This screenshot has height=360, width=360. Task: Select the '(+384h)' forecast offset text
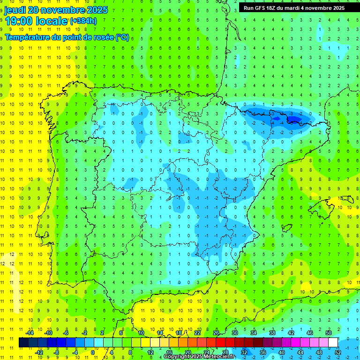coord(83,21)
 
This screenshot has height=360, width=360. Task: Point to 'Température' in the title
coord(26,37)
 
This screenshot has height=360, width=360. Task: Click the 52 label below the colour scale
coord(338,352)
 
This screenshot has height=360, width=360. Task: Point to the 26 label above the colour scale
coord(216,333)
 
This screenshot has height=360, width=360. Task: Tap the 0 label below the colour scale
coord(93,352)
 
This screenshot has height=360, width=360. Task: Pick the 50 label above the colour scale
coord(328,333)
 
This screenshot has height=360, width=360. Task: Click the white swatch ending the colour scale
coord(333,342)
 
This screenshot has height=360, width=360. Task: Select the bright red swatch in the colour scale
coord(221,342)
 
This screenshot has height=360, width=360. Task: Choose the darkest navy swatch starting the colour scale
coord(23,342)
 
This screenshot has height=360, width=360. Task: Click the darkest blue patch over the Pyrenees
coord(293,120)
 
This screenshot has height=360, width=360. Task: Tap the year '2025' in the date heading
coord(94,10)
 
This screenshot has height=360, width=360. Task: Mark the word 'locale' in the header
coord(52,21)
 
